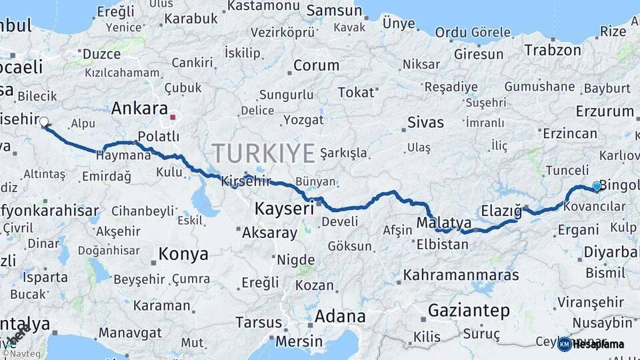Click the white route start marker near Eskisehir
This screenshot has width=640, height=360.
click(44, 122)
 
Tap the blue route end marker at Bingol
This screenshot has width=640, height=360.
click(597, 186)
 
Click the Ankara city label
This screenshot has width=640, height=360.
click(139, 108)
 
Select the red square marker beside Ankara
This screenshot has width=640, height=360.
click(173, 117)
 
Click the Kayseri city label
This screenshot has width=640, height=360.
click(284, 209)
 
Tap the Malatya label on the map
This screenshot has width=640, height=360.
click(444, 222)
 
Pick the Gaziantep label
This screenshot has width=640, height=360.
click(469, 310)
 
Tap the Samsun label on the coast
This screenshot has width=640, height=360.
click(334, 11)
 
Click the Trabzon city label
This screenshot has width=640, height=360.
click(553, 49)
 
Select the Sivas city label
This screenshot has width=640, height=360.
click(425, 122)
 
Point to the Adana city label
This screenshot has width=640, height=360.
click(340, 316)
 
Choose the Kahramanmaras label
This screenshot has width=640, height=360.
click(461, 274)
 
